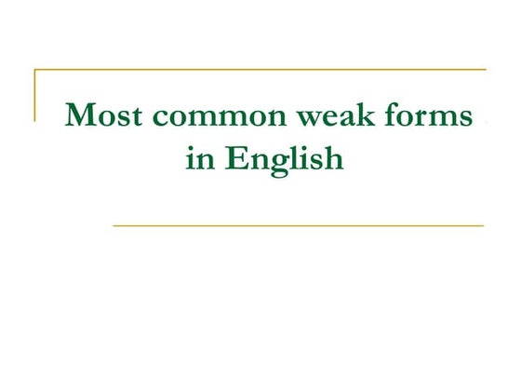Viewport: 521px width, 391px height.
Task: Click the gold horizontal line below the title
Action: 298,225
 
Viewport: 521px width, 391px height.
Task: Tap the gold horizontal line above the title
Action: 260,70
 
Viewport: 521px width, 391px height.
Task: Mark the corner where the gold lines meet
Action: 35,70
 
